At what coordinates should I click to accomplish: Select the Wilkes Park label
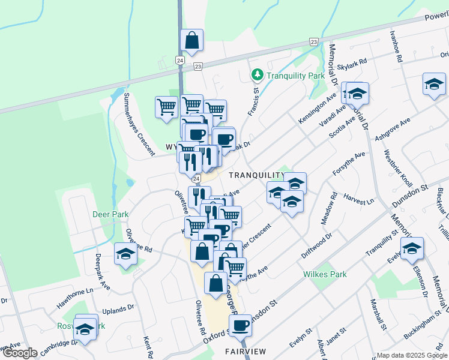pos(325,274)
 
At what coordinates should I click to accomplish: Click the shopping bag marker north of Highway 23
pos(191,42)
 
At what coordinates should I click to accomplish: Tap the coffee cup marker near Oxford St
pos(240,326)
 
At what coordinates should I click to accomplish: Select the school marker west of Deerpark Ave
pos(125,255)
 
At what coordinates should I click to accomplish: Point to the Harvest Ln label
pos(359,199)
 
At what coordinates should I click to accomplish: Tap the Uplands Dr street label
pos(118,308)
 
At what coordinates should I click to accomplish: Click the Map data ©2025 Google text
pos(411,355)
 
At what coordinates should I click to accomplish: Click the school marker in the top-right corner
pos(433,85)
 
